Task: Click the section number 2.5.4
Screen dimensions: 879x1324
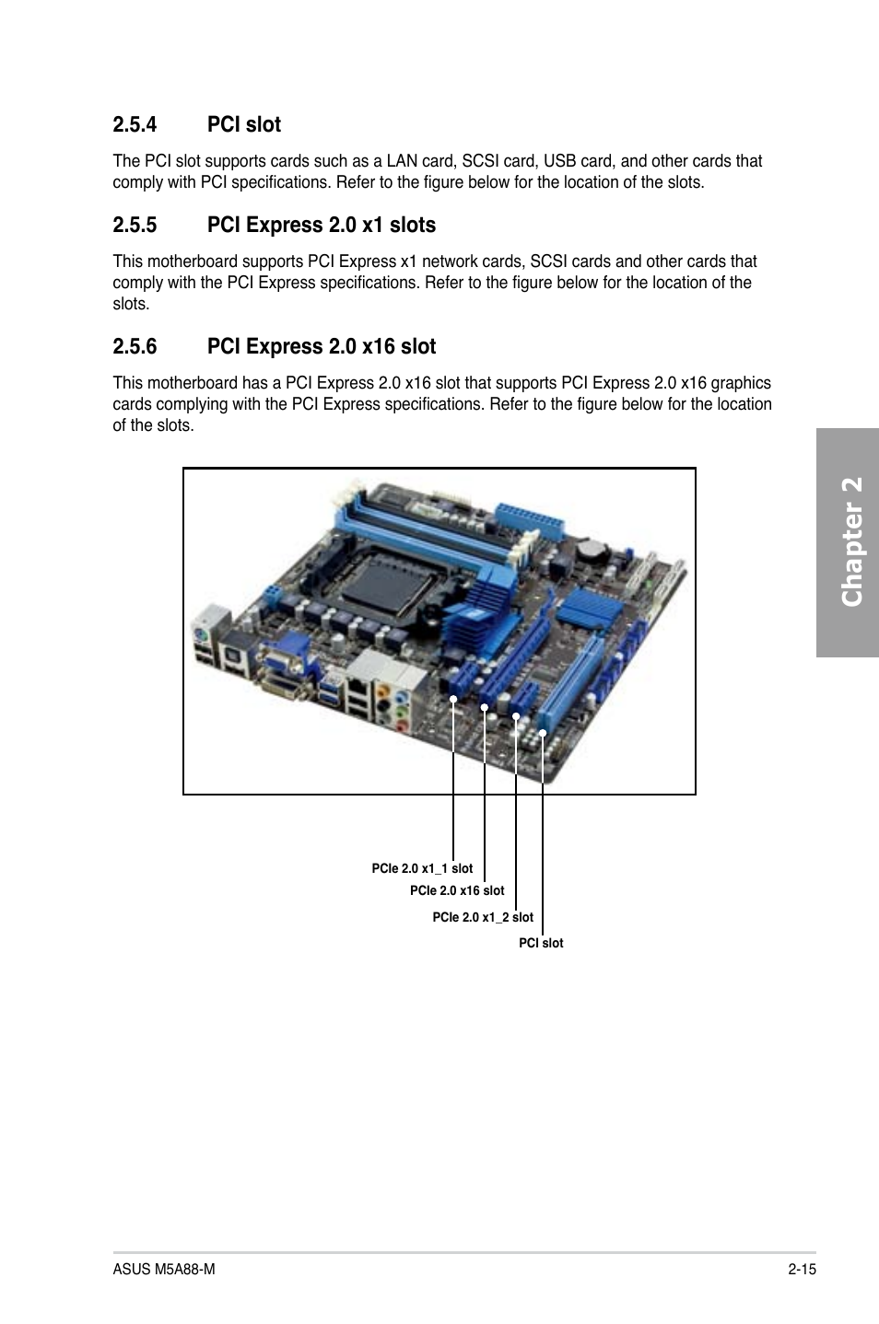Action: pyautogui.click(x=135, y=124)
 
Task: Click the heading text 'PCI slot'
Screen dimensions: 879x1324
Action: pyautogui.click(x=244, y=124)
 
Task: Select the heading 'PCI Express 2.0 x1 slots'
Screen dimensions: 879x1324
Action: pyautogui.click(x=322, y=226)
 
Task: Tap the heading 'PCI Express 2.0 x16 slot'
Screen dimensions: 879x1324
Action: pyautogui.click(x=322, y=346)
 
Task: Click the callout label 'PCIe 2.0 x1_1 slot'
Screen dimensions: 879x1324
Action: pyautogui.click(x=422, y=868)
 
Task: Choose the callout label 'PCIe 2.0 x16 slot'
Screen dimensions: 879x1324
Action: pyautogui.click(x=457, y=890)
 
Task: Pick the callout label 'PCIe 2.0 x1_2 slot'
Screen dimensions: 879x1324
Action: pyautogui.click(x=483, y=917)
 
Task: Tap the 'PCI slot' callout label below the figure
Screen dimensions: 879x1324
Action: pyautogui.click(x=541, y=944)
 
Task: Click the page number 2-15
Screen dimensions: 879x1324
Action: pyautogui.click(x=803, y=1270)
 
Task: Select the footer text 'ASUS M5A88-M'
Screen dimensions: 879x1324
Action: pyautogui.click(x=164, y=1270)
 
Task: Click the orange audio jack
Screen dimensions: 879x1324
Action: pyautogui.click(x=384, y=691)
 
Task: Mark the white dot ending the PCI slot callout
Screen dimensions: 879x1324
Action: pyautogui.click(x=543, y=734)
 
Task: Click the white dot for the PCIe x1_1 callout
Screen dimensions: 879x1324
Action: pyautogui.click(x=453, y=699)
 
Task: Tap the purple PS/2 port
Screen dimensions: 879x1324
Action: pyautogui.click(x=202, y=636)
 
